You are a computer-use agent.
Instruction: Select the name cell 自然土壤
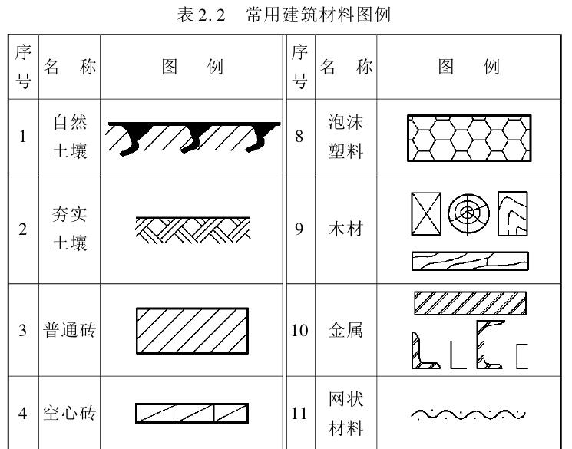click(70, 136)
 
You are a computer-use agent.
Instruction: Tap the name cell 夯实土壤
click(70, 229)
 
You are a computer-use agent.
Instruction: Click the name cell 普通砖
click(70, 331)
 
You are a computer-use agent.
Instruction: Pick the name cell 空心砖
click(70, 412)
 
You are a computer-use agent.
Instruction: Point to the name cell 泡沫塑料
click(346, 136)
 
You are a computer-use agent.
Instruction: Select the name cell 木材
click(346, 229)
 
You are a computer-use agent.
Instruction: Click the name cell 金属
click(346, 331)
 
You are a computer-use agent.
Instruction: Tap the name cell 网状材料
click(346, 412)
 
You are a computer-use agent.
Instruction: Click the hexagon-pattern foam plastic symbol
click(469, 137)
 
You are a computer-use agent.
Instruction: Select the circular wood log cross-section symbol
click(468, 213)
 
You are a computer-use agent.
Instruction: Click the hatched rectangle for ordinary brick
click(192, 331)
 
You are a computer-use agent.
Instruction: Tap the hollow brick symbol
click(192, 413)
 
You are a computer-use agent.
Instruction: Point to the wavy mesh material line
click(468, 414)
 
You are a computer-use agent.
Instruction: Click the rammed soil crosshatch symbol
click(192, 228)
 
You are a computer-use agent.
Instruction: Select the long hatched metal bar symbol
click(470, 303)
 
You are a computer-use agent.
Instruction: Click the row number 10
click(299, 331)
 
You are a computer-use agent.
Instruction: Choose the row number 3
click(23, 331)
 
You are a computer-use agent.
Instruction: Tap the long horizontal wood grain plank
click(470, 261)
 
